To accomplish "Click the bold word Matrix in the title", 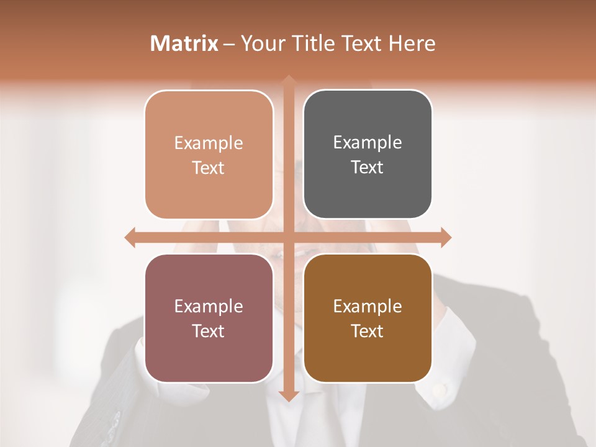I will [x=184, y=43].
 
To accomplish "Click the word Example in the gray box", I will [x=368, y=143].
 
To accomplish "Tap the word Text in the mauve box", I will [x=208, y=331].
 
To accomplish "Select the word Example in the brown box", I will [x=368, y=306].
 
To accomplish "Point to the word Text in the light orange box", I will [x=208, y=168].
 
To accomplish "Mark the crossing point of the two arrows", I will [x=288, y=237].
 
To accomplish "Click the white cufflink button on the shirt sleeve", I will [x=440, y=389].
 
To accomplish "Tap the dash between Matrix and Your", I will [x=229, y=44].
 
